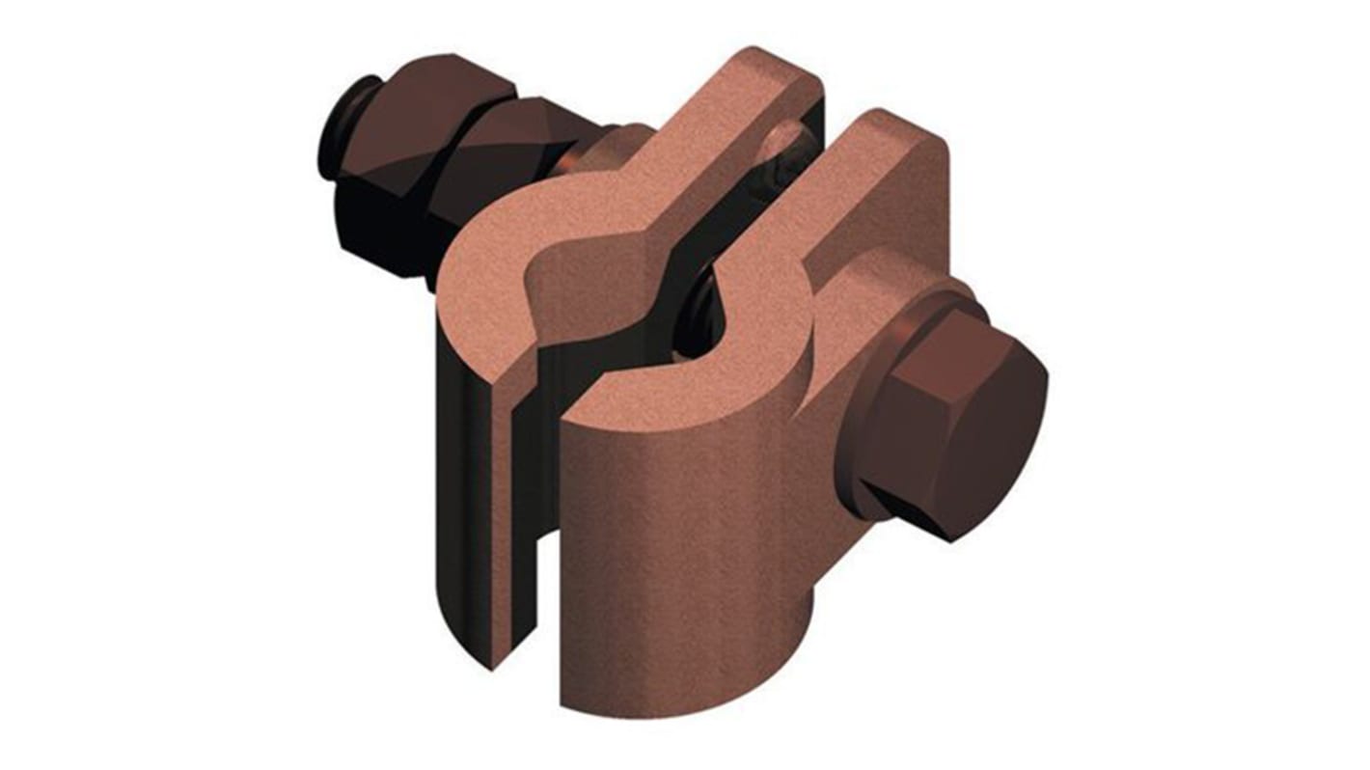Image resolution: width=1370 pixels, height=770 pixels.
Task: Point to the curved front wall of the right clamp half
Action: tap(675, 540)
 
